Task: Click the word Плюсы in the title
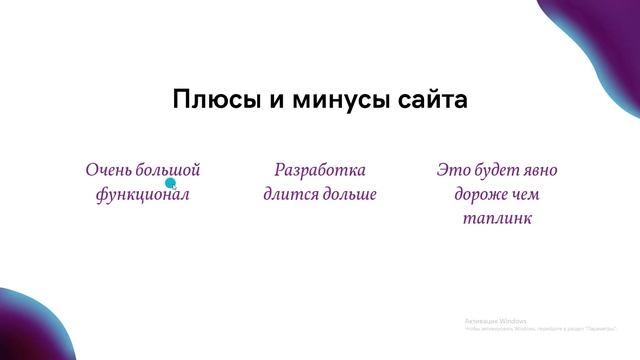click(x=207, y=101)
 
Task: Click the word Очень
click(x=108, y=170)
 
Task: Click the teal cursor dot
click(x=170, y=183)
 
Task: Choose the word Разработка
click(x=320, y=170)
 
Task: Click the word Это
click(x=452, y=170)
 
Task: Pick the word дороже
click(x=477, y=194)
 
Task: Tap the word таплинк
click(x=497, y=218)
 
